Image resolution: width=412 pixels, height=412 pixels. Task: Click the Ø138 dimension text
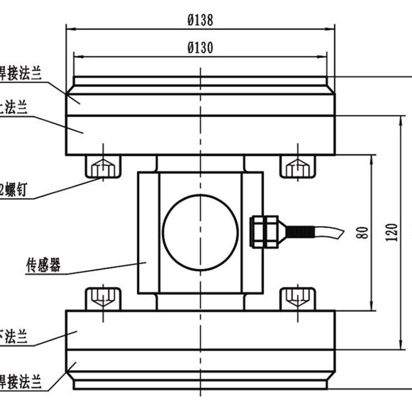coord(200,20)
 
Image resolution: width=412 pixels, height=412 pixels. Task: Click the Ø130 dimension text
coord(200,47)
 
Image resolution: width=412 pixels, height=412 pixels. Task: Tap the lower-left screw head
coord(103,298)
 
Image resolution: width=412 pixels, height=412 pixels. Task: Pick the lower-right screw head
coord(297,298)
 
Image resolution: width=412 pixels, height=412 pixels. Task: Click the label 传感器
coord(43,266)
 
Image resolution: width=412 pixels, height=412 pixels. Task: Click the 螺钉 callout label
coord(19,190)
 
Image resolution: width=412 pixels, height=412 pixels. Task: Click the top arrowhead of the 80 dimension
coord(372,158)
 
